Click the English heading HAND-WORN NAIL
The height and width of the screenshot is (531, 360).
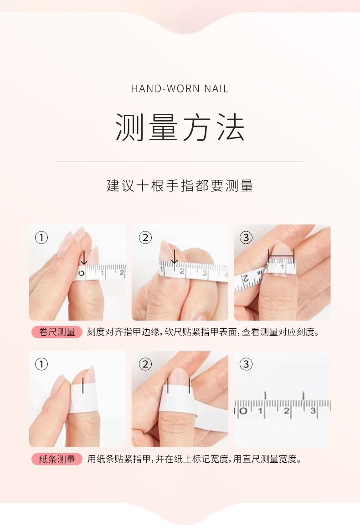pos(180,89)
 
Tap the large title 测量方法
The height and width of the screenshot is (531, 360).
pos(180,127)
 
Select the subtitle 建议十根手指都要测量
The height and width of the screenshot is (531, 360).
pos(180,186)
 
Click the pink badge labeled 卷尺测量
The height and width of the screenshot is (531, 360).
pos(57,332)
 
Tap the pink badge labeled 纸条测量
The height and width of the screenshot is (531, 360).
pos(57,459)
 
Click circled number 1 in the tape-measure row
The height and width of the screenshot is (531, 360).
pos(41,237)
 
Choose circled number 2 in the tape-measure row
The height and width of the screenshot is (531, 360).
pos(145,237)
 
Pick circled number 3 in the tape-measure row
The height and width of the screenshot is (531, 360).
pos(246,237)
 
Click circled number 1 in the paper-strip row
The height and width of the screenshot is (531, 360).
pos(41,364)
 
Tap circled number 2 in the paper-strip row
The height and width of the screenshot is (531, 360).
pos(145,364)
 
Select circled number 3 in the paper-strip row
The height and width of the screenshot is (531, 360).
pos(246,364)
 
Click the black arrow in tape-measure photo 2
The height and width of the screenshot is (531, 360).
pos(175,257)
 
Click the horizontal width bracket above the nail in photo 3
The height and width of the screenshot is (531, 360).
pos(281,250)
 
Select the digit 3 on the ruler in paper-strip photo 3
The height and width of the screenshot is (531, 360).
pos(313,410)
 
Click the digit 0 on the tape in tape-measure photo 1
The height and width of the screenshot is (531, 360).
pos(82,273)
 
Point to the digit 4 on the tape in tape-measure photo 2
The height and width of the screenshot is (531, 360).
pos(226,275)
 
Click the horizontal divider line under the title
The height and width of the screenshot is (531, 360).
pos(180,162)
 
